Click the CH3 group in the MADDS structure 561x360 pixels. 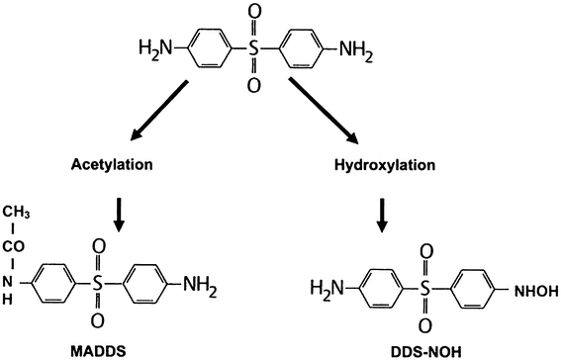click(17, 212)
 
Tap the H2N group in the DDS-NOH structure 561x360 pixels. click(327, 289)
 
